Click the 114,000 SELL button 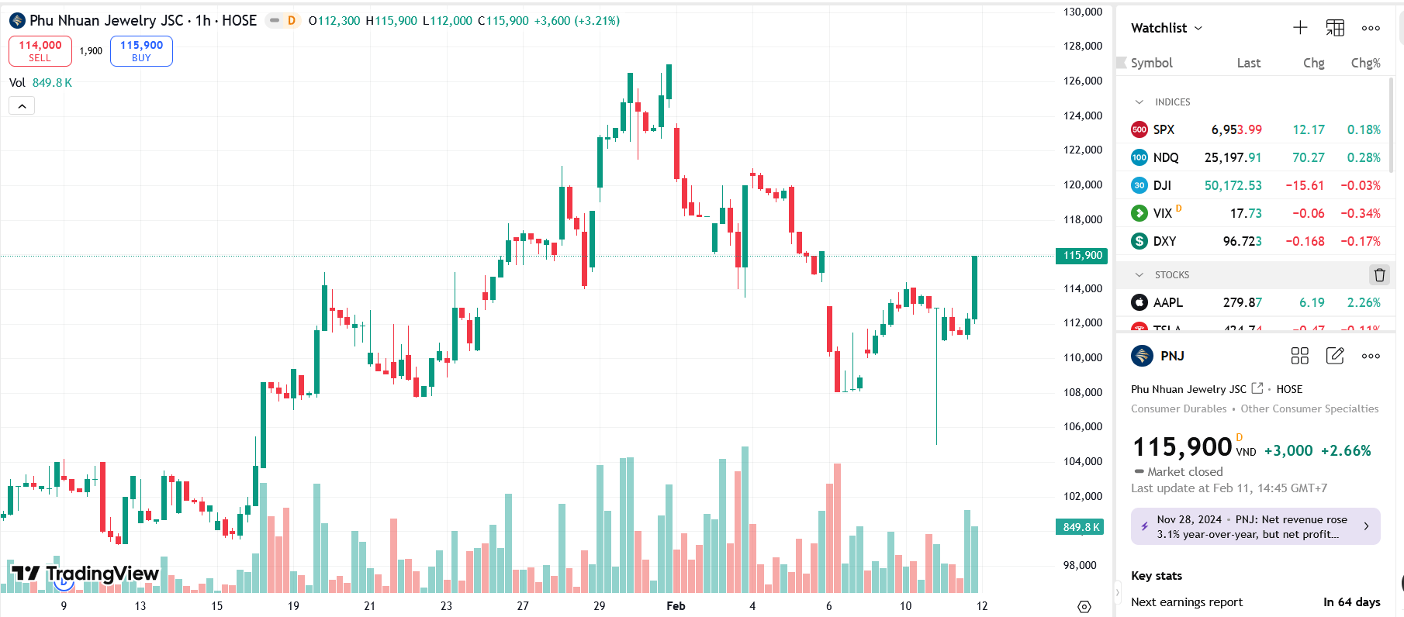tap(40, 51)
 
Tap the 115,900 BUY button tap(141, 51)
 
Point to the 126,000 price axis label tap(1082, 81)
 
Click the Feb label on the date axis tap(676, 606)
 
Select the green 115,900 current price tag tap(1082, 256)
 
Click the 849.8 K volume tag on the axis tap(1081, 527)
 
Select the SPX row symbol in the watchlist tap(1164, 129)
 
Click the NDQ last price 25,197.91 tap(1233, 157)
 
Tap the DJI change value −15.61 tap(1305, 185)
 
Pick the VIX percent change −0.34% tap(1361, 213)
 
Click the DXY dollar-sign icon tap(1139, 241)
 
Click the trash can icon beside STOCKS tap(1379, 274)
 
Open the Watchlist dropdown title tap(1166, 28)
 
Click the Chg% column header tap(1365, 63)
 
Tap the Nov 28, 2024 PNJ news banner tap(1255, 526)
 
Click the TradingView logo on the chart tap(85, 574)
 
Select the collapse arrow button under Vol tap(22, 105)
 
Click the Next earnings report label tap(1186, 602)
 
